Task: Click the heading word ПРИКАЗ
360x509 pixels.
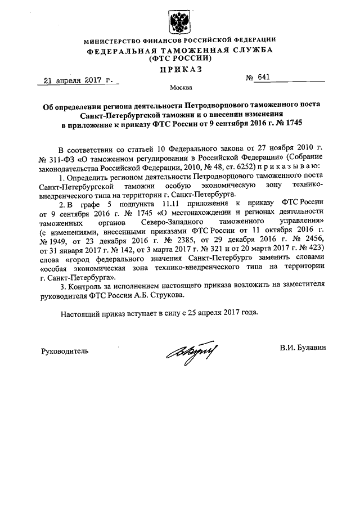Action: click(x=180, y=69)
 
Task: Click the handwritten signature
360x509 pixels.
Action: click(x=189, y=353)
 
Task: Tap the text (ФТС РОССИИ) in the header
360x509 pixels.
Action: click(x=180, y=58)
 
